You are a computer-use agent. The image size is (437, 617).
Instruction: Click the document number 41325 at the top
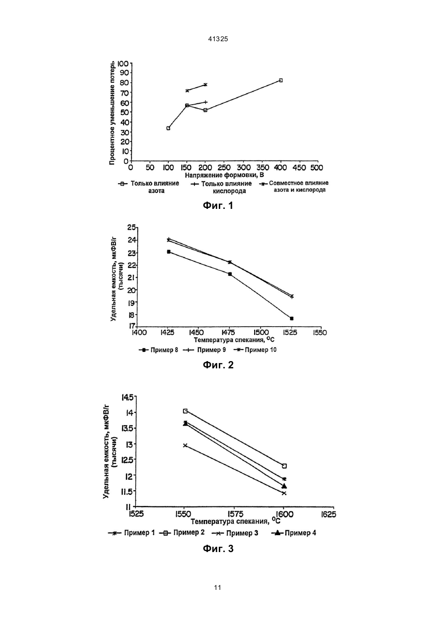(x=218, y=39)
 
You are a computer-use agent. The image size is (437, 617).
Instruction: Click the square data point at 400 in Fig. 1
(x=281, y=80)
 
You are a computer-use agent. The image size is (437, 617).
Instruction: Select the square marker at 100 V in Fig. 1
(x=168, y=128)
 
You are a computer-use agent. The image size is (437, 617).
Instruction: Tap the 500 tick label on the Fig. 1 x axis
(x=317, y=168)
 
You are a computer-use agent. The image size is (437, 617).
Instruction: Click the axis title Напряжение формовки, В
(x=224, y=175)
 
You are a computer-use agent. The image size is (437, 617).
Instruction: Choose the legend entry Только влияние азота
(x=149, y=187)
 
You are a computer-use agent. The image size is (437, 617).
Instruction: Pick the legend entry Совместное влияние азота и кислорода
(x=294, y=187)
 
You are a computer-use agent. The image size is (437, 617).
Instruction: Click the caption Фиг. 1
(x=218, y=205)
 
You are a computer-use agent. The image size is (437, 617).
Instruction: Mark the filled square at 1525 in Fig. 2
(x=291, y=318)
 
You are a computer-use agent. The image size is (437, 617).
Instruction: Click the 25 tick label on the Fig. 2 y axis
(x=131, y=227)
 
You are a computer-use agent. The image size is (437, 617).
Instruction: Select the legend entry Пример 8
(x=159, y=350)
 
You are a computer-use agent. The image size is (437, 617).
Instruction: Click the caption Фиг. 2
(x=218, y=365)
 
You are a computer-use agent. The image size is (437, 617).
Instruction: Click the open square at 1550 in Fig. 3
(x=185, y=411)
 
